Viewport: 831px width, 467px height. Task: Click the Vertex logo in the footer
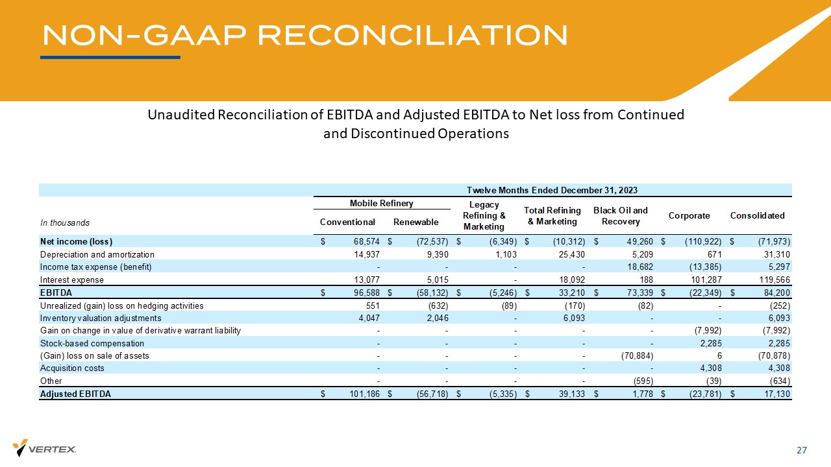[x=44, y=448]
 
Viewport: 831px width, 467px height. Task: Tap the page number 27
[x=802, y=450]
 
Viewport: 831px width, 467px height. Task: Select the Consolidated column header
[x=757, y=215]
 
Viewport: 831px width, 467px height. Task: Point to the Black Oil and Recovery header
[x=620, y=215]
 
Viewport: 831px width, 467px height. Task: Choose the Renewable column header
[x=415, y=222]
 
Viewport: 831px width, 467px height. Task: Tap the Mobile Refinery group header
[x=381, y=203]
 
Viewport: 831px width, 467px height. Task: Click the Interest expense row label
[x=72, y=280]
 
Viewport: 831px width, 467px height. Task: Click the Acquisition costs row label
[x=72, y=368]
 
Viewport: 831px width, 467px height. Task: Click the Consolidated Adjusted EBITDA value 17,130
[x=775, y=394]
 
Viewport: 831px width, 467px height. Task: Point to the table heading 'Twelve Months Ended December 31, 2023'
[x=552, y=190]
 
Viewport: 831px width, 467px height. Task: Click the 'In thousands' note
[x=65, y=222]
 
